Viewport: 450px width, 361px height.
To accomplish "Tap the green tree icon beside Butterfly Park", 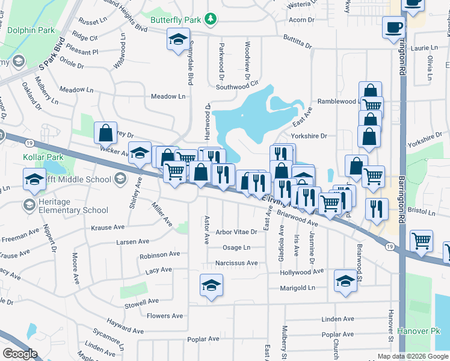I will pos(210,19).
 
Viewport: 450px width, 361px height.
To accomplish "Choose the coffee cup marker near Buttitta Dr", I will pos(393,27).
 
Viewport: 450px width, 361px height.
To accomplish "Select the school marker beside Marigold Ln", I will pos(345,280).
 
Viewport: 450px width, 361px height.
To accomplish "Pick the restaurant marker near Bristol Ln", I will pos(377,208).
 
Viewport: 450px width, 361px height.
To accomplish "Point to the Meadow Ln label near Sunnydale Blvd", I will pos(168,96).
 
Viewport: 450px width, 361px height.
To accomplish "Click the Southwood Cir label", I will pos(237,86).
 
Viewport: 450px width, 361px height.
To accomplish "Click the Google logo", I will pos(20,354).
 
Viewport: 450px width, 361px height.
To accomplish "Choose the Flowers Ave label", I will pos(165,316).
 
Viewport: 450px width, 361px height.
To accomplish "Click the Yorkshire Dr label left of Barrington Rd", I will pos(309,136).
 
